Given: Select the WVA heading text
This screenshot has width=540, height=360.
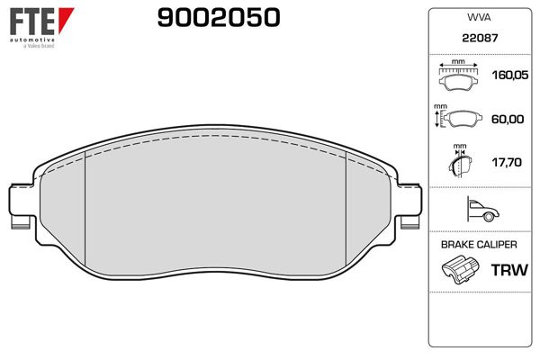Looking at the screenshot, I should [478, 16].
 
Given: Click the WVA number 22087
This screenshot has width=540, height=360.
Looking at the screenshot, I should [478, 40].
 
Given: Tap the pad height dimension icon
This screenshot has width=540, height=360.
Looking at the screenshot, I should [457, 119].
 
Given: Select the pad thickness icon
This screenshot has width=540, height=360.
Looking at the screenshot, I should [460, 163].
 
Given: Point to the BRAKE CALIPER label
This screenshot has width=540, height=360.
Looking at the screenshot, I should [478, 244].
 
